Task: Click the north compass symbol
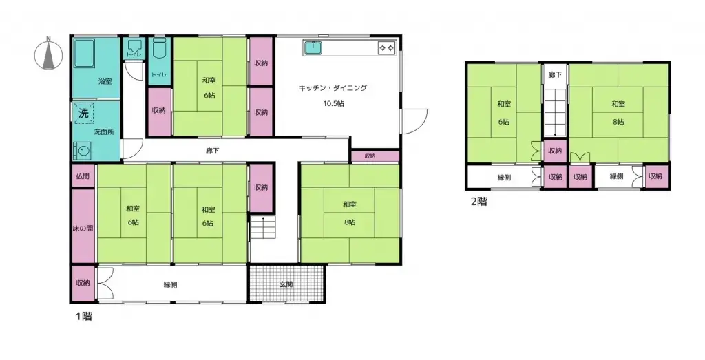tap(48, 54)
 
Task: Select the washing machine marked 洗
tap(83, 113)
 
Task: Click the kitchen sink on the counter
tap(315, 47)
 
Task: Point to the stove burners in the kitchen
tap(386, 47)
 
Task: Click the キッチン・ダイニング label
tap(333, 88)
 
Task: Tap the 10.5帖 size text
tap(333, 103)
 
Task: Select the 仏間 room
tap(82, 176)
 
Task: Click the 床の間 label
tap(82, 226)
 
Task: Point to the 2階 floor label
tap(478, 202)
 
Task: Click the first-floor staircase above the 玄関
tap(262, 227)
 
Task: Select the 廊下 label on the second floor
tap(554, 73)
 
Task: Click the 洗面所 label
tap(103, 131)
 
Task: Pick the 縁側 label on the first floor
tap(171, 284)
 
